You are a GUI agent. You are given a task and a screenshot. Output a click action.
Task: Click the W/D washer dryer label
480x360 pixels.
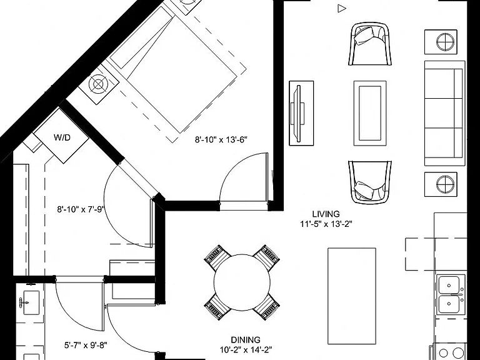[x=62, y=137]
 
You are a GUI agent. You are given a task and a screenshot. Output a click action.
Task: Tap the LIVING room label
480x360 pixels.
[x=326, y=214]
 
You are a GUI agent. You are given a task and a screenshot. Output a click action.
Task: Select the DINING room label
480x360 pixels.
[x=246, y=340]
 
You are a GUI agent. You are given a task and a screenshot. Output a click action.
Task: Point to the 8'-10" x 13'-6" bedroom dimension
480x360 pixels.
[x=221, y=140]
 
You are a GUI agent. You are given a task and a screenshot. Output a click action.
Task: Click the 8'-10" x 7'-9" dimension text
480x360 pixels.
[x=81, y=209]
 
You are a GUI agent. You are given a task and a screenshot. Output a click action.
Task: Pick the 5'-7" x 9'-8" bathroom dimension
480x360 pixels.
[x=86, y=345]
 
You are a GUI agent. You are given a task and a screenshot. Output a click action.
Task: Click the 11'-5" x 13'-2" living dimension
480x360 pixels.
[x=326, y=224]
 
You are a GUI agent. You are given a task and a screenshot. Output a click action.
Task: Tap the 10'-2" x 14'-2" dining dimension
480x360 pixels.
[x=246, y=349]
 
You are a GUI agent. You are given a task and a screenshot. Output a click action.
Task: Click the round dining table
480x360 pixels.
[x=242, y=282]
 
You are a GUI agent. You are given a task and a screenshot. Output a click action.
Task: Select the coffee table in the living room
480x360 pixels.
[x=370, y=113]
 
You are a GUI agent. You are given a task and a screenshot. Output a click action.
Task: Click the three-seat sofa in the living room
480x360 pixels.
[x=444, y=113]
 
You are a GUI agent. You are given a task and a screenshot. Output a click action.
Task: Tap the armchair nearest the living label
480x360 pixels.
[x=370, y=182]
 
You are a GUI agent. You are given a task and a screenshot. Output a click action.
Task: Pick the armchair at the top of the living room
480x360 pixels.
[x=370, y=44]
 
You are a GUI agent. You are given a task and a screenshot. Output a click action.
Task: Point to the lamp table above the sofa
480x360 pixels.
[x=441, y=42]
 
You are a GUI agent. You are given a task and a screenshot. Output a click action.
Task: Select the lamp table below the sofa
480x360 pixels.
[x=441, y=184]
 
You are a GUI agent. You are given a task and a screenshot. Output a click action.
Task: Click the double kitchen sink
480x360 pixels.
[x=450, y=294]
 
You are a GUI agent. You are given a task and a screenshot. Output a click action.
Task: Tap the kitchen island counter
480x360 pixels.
[x=352, y=296]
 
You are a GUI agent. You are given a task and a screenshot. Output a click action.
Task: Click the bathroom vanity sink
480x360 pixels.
[x=31, y=302]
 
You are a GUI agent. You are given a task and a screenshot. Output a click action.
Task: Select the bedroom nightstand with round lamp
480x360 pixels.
[x=99, y=84]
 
